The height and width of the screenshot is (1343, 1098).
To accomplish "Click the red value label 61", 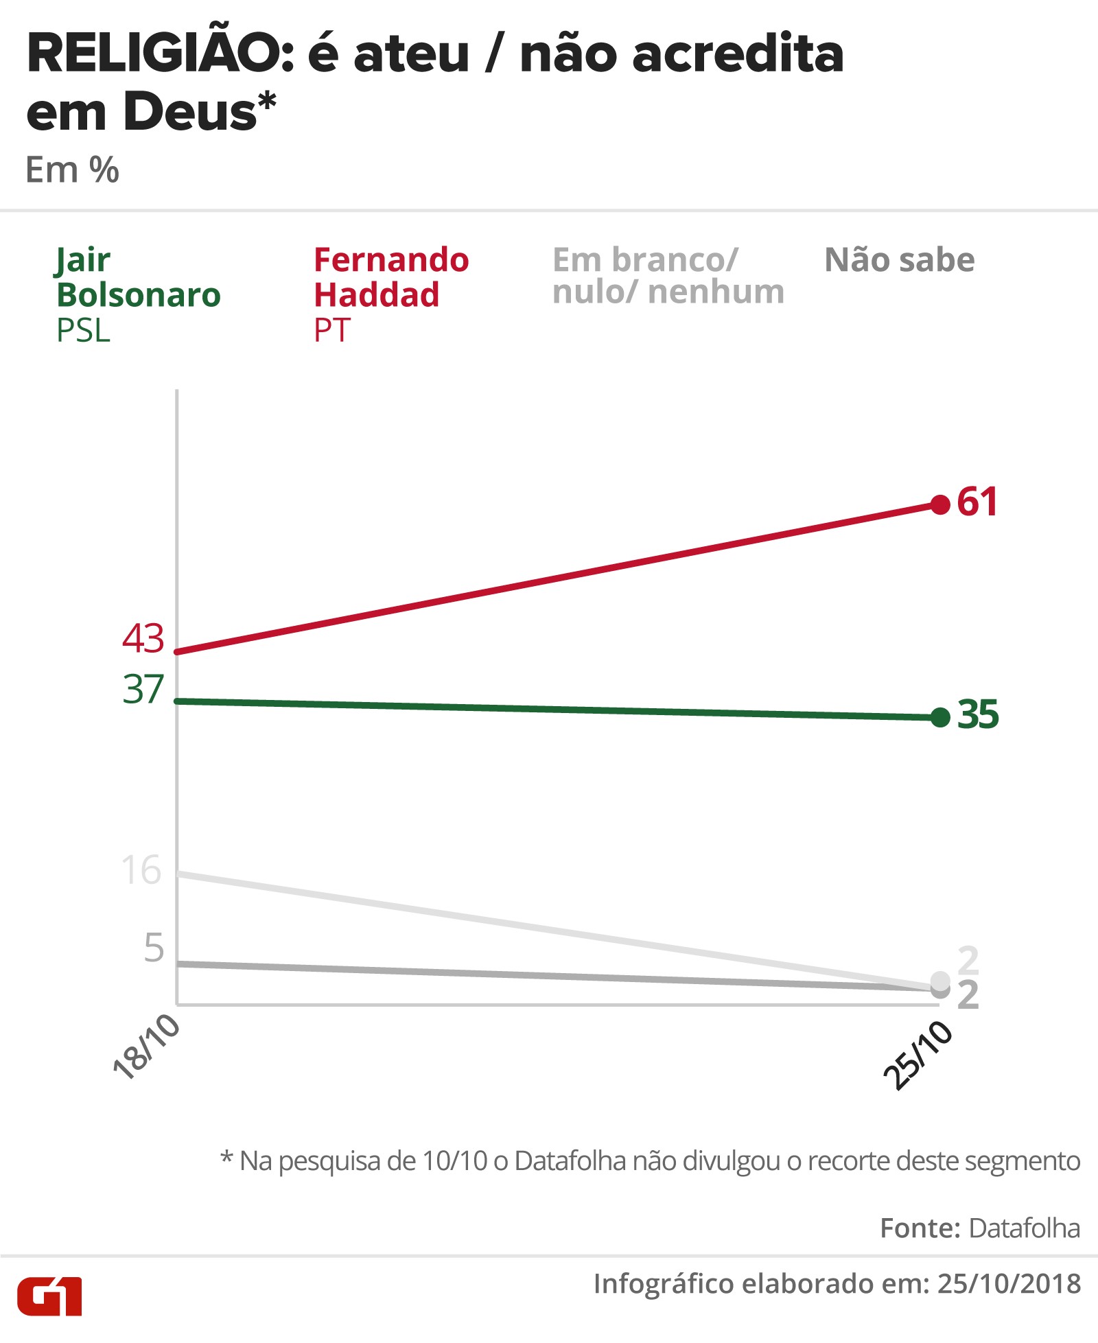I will [977, 502].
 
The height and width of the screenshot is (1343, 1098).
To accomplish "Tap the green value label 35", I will [978, 714].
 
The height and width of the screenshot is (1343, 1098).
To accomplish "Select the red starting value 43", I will [143, 638].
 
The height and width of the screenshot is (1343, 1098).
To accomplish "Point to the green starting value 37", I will [143, 689].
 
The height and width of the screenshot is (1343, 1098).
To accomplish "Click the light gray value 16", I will [141, 870].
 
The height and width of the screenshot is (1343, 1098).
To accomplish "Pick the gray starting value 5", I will [154, 948].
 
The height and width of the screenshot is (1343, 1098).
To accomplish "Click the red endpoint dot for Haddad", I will [940, 504].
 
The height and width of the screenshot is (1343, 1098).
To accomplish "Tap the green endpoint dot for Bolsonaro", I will [940, 718].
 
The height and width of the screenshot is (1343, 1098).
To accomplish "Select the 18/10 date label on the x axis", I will [146, 1047].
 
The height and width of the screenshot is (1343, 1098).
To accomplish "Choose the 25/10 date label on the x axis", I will [918, 1055].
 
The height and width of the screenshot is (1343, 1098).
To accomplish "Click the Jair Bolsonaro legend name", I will [138, 277].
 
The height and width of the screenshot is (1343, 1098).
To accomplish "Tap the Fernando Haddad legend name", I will [391, 277].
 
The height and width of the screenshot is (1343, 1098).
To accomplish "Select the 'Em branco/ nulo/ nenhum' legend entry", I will [668, 275].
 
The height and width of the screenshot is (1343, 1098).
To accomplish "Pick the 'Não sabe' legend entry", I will [899, 260].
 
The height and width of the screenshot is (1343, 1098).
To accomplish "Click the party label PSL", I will [83, 331].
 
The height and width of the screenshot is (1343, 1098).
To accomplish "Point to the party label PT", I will [332, 331].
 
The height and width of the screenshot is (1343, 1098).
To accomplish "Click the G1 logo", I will [49, 1296].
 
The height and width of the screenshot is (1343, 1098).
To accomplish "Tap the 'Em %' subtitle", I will [72, 170].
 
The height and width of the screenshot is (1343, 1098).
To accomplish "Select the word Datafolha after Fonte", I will [1025, 1228].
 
